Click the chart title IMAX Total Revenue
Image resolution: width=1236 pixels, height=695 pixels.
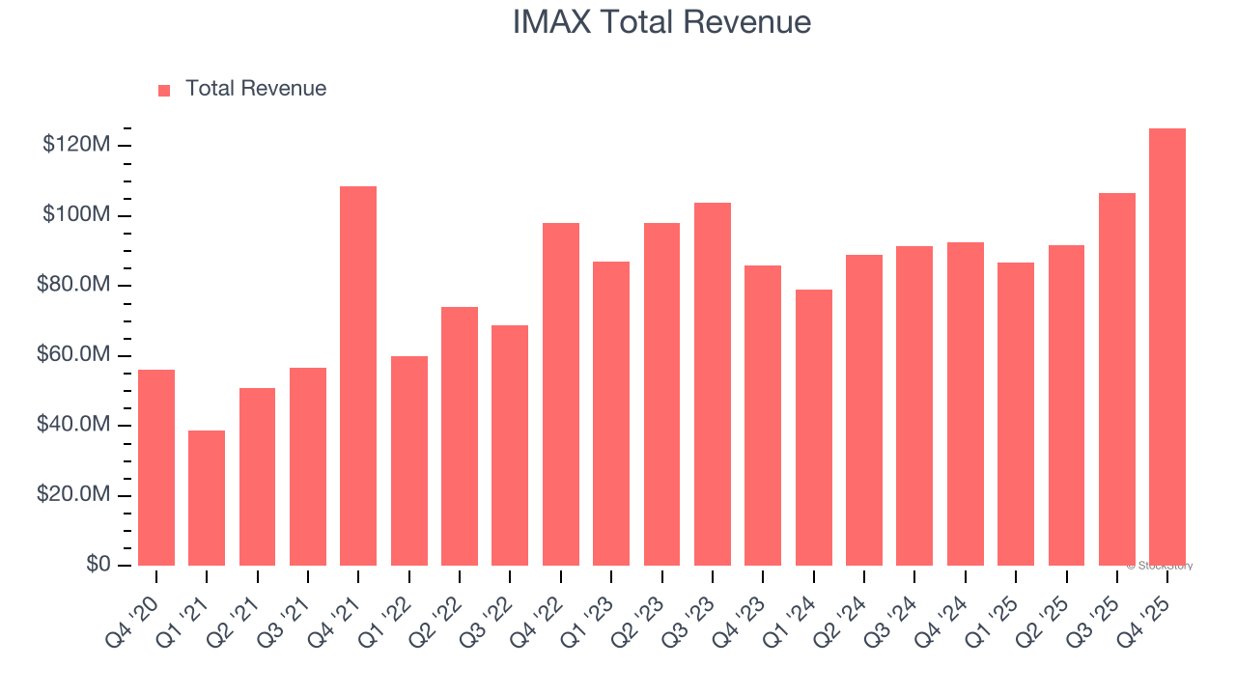click(661, 21)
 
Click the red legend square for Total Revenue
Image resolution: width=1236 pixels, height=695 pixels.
click(164, 90)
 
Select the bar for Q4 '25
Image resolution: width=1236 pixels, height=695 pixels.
click(1167, 347)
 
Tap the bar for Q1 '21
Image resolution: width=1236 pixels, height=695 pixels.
click(207, 498)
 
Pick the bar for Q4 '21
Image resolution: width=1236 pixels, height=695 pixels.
click(358, 376)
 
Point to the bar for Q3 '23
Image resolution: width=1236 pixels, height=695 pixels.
click(713, 384)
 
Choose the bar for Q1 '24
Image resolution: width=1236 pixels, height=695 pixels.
click(814, 428)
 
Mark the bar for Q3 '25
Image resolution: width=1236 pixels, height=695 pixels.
click(1116, 379)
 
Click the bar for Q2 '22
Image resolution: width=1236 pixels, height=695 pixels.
click(460, 436)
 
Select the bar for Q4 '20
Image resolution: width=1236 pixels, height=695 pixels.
click(156, 468)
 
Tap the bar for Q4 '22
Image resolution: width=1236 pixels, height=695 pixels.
click(561, 394)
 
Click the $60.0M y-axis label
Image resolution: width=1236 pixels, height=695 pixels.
click(73, 355)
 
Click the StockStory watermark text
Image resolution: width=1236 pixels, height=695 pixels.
click(1160, 566)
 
